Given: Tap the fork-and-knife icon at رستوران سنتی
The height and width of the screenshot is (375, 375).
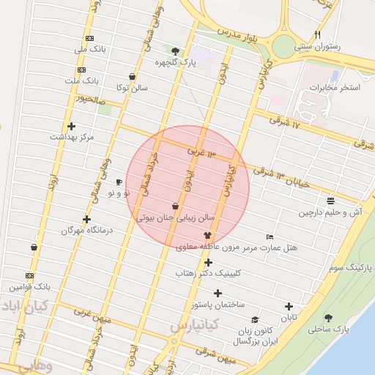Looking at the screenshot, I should click(317, 34).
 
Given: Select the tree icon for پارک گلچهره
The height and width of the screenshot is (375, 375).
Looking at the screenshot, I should click(175, 51).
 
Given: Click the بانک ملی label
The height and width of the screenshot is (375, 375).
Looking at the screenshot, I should click(90, 50).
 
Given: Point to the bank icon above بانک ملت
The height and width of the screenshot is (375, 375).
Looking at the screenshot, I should click(81, 70).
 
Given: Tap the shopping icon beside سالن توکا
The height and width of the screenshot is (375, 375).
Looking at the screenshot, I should click(132, 76).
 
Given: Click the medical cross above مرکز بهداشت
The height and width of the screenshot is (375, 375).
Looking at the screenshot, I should click(71, 126).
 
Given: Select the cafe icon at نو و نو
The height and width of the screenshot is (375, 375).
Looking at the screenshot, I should click(119, 182).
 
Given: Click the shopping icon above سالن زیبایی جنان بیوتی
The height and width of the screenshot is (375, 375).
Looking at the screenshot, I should click(176, 207).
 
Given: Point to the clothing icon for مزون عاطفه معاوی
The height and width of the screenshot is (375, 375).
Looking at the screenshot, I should click(207, 236).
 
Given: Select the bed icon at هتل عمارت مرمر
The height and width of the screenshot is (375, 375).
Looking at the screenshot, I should click(270, 237).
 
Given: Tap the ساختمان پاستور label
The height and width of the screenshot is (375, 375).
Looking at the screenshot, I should click(218, 304).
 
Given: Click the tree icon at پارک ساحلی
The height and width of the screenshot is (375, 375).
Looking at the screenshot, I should click(327, 318).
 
